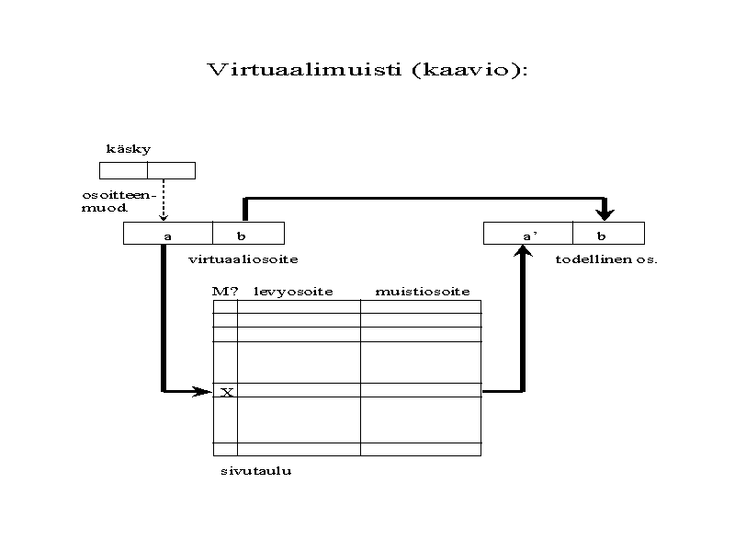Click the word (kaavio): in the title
pos(470,70)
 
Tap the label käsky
pos(129,149)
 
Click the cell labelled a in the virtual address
pos(168,234)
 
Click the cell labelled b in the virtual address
pos(248,234)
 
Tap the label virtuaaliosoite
pos(243,259)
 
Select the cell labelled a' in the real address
pos(528,234)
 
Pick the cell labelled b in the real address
pos(608,234)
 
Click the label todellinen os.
pos(606,259)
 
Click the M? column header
pos(225,292)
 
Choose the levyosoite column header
pos(293,292)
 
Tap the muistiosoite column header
pos(423,292)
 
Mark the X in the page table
pos(227,393)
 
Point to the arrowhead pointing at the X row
pos(203,391)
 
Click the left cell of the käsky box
pos(123,170)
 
